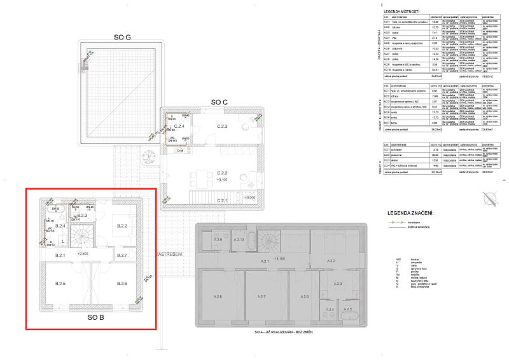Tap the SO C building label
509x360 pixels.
coord(220,102)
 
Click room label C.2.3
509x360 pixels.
coord(222,127)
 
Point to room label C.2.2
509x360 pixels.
coord(222,172)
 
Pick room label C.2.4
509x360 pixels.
coord(180,127)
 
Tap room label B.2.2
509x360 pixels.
coord(122,226)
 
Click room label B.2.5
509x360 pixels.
coord(61,282)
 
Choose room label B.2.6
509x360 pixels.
coord(123,282)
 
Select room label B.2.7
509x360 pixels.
coord(123,255)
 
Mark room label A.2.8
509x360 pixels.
coord(218,296)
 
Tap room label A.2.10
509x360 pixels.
coord(239,239)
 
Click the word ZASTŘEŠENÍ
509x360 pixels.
coord(169,254)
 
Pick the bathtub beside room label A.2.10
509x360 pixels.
coord(253,240)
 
